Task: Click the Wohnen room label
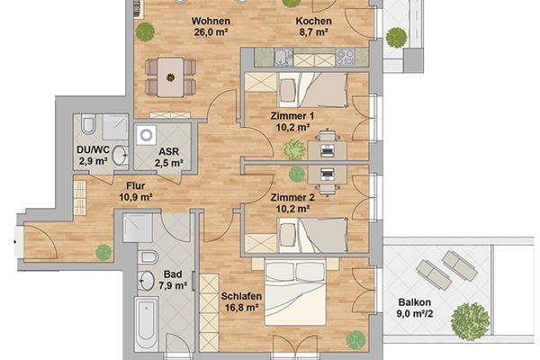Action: (x=211, y=21)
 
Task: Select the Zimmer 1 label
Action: (x=292, y=116)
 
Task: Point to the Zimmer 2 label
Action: (x=292, y=198)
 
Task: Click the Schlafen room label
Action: (x=241, y=296)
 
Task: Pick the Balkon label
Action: (x=415, y=302)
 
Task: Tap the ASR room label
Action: (x=169, y=151)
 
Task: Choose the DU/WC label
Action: (x=93, y=150)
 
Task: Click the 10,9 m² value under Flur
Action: (x=136, y=197)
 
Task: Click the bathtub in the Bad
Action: (x=147, y=324)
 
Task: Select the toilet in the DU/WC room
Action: (x=87, y=125)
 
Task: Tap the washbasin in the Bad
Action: (x=147, y=281)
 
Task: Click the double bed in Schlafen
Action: (x=295, y=292)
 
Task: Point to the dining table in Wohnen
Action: (x=170, y=77)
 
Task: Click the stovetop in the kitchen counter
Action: (x=345, y=58)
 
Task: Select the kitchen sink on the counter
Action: (x=283, y=58)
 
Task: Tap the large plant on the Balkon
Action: (x=470, y=321)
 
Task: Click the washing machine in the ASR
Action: (x=146, y=135)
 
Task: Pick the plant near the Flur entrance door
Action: (x=103, y=252)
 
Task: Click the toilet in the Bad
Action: (x=148, y=257)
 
